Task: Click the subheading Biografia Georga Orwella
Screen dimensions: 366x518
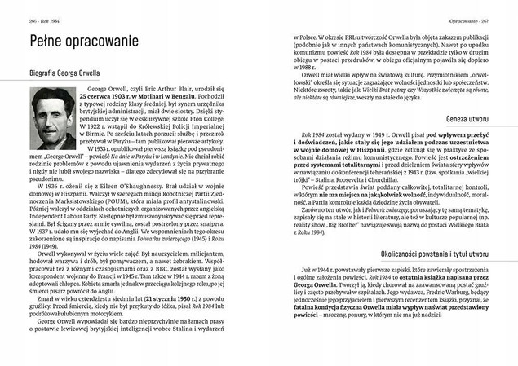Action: click(x=62, y=70)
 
